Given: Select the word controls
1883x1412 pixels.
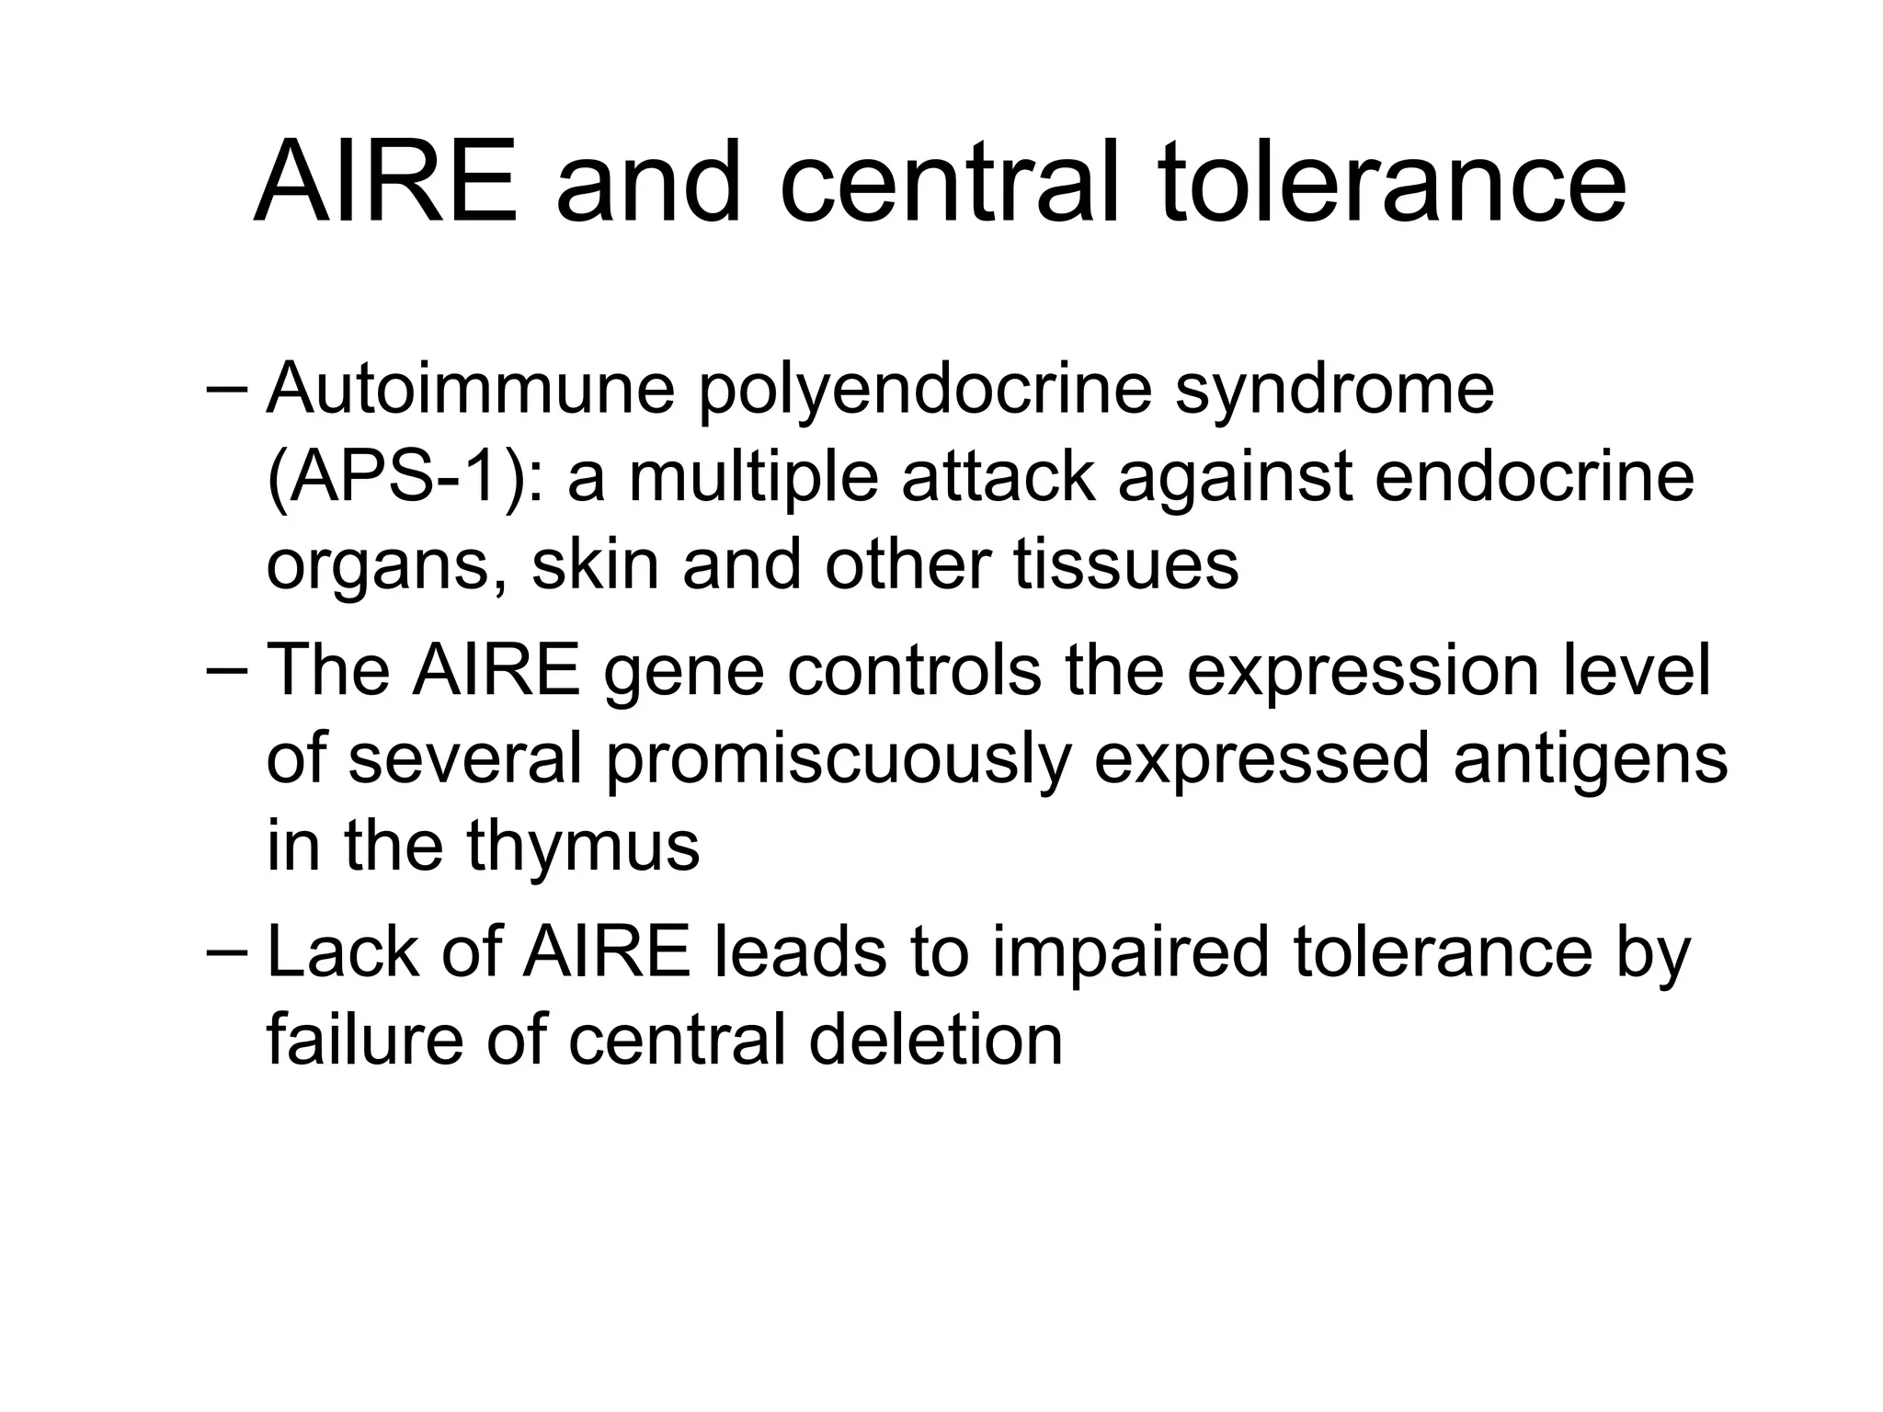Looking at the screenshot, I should click(x=914, y=671).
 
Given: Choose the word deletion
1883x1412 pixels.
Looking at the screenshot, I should click(x=936, y=1040).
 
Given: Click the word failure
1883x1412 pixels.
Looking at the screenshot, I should click(x=366, y=1040).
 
